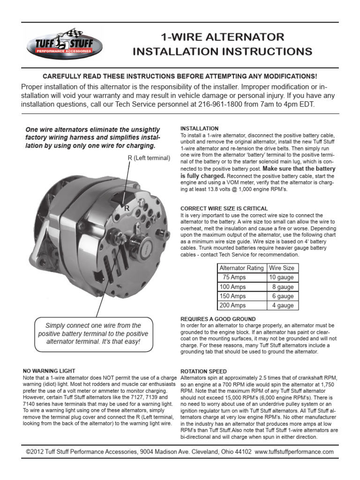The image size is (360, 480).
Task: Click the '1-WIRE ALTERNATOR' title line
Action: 222,37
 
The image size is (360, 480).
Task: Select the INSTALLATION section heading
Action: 199,128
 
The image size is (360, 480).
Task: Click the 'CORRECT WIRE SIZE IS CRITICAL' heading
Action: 224,208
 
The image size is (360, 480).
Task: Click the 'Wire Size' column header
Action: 281,268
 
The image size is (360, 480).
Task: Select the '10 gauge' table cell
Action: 281,277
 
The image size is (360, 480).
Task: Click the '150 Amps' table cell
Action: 232,296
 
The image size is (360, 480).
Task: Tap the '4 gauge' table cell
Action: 283,306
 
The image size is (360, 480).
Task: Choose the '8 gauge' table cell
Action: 283,287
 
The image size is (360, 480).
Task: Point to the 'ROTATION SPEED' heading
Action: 203,371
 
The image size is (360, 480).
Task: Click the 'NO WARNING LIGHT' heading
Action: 49,371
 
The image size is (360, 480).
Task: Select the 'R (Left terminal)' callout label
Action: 149,158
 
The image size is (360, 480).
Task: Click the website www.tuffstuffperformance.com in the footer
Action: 294,452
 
